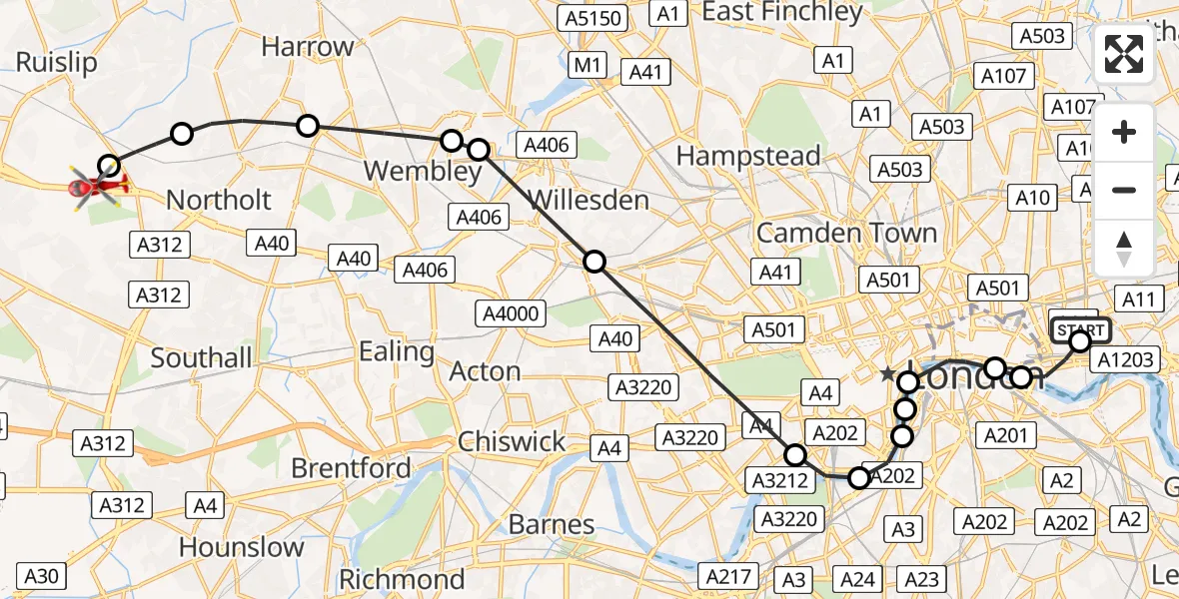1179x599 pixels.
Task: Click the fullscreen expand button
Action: point(1124,54)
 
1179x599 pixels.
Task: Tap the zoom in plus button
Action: point(1124,133)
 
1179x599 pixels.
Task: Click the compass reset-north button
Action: point(1124,249)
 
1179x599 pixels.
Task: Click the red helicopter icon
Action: point(97,187)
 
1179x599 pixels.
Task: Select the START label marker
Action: point(1079,329)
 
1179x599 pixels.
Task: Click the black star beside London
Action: point(887,374)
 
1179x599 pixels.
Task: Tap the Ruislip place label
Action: point(57,63)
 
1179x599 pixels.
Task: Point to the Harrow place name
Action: point(308,47)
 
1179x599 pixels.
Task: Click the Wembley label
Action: point(423,172)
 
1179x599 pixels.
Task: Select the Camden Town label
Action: point(846,234)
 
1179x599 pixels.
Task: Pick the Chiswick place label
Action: point(512,441)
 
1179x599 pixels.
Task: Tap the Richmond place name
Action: point(402,579)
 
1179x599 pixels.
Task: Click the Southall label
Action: point(202,357)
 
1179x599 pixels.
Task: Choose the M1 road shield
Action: point(588,66)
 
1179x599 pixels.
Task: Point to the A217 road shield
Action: point(727,576)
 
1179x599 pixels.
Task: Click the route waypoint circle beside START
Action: point(1080,342)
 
